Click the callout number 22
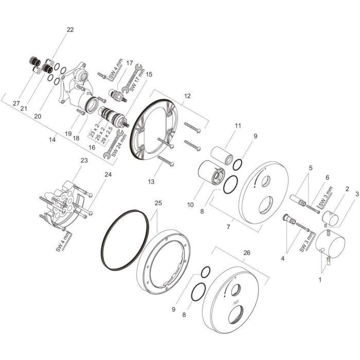pyautogui.click(x=70, y=30)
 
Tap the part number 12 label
pyautogui.click(x=187, y=96)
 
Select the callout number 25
pyautogui.click(x=158, y=203)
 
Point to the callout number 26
pyautogui.click(x=247, y=253)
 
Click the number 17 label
pyautogui.click(x=130, y=63)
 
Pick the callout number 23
pyautogui.click(x=84, y=160)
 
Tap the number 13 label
pyautogui.click(x=151, y=182)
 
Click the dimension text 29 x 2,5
pyautogui.click(x=107, y=135)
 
